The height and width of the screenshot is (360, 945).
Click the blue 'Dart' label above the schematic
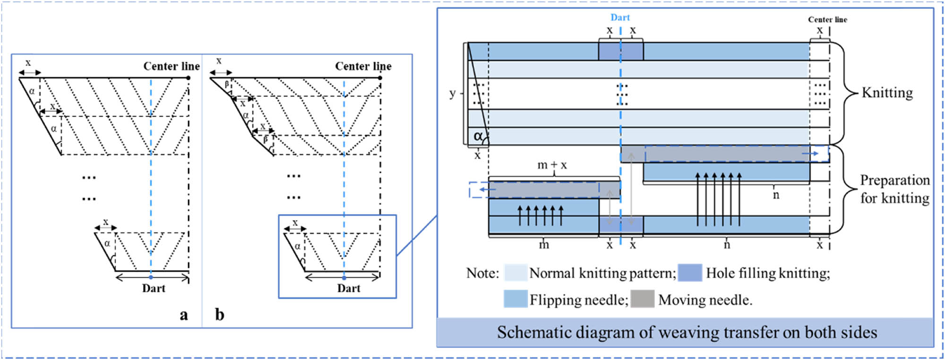coord(620,17)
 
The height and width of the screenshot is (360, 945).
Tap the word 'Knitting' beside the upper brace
coord(887,93)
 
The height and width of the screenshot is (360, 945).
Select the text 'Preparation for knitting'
coord(894,189)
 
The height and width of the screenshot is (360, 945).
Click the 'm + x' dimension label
coord(552,165)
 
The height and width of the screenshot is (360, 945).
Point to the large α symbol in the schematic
coord(478,136)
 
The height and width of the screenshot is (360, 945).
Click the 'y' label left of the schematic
coord(452,93)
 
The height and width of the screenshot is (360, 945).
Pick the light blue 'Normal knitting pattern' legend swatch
coord(515,273)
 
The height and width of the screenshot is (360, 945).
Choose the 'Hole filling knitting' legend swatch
coord(689,273)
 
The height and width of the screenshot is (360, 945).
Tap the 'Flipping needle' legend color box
coord(515,299)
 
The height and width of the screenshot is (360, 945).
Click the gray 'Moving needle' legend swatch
coord(642,299)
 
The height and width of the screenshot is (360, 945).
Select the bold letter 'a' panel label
coord(184,315)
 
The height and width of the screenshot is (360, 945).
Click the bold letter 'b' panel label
coord(220,315)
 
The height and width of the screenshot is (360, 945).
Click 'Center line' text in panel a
coord(171,66)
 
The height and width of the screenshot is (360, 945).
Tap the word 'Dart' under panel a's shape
coord(154,288)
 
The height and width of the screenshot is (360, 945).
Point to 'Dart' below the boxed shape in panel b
coord(348,288)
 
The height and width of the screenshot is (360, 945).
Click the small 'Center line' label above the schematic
coord(827,19)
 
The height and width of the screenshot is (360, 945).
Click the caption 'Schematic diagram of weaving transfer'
coord(687,333)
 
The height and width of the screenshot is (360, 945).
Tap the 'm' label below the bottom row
coord(544,245)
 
